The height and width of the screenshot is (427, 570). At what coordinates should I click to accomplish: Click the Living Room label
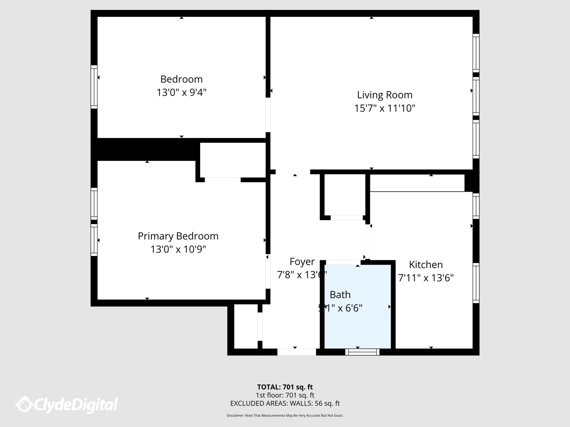[x=385, y=95]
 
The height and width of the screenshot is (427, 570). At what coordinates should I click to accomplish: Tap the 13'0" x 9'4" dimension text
[x=181, y=92]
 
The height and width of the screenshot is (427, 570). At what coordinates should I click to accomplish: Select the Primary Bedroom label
[x=178, y=236]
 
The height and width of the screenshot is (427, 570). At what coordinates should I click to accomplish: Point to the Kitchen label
[x=426, y=265]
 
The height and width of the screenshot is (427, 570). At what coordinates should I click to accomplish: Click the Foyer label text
[x=302, y=262]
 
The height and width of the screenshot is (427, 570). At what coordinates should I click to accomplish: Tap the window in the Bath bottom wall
[x=362, y=352]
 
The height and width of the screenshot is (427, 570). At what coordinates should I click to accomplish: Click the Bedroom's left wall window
[x=94, y=87]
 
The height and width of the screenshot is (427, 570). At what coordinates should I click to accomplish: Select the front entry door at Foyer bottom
[x=296, y=352]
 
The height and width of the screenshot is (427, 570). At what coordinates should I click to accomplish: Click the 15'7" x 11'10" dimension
[x=385, y=108]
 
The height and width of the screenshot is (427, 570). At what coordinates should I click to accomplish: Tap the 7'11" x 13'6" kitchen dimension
[x=426, y=278]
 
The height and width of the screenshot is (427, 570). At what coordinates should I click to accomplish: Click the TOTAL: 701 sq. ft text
[x=285, y=387]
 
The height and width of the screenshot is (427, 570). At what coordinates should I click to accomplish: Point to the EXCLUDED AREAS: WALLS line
[x=285, y=403]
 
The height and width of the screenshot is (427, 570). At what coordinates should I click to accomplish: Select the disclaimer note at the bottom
[x=285, y=415]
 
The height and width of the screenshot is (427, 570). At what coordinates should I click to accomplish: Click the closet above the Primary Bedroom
[x=233, y=160]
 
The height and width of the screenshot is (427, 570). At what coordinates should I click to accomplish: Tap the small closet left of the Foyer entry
[x=245, y=326]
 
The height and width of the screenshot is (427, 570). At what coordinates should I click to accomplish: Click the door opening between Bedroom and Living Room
[x=268, y=115]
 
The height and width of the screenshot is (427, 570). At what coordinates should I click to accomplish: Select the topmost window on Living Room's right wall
[x=476, y=53]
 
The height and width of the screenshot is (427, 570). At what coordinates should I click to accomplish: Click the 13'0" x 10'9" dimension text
[x=178, y=249]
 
